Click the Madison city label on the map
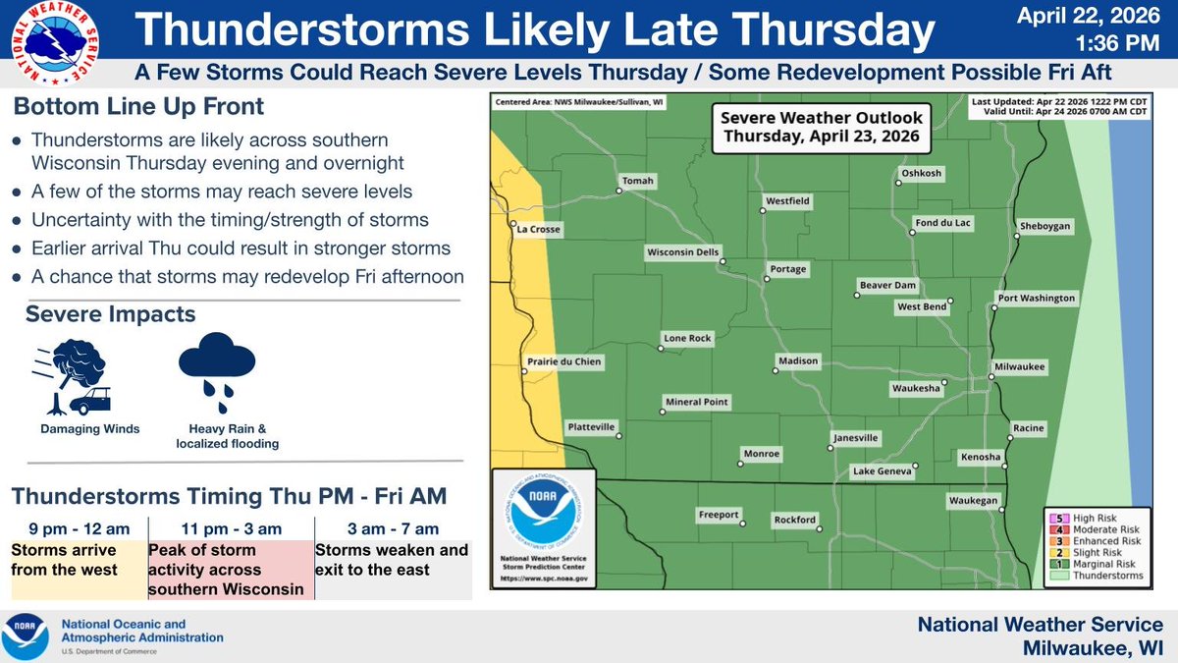798,361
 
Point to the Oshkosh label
921,174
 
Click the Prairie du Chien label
564,362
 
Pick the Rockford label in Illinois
795,520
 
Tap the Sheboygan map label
1053,226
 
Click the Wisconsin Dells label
682,252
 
